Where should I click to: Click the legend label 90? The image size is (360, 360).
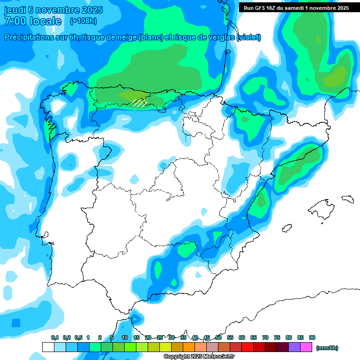pyautogui.click(x=312, y=337)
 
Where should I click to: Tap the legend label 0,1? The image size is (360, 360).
pyautogui.click(x=55, y=337)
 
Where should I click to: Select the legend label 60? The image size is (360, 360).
pyautogui.click(x=242, y=337)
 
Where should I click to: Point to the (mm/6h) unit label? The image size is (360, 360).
pyautogui.click(x=327, y=348)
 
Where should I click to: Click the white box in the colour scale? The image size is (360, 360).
pyautogui.click(x=48, y=347)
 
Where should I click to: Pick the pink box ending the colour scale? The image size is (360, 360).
pyautogui.click(x=307, y=347)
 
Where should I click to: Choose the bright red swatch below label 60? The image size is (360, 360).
pyautogui.click(x=247, y=347)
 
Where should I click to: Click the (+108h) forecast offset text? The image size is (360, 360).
pyautogui.click(x=83, y=21)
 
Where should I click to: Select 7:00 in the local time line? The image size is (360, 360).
pyautogui.click(x=15, y=21)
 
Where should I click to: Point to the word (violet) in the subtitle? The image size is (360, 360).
pyautogui.click(x=249, y=37)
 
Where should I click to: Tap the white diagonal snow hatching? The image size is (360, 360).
pyautogui.click(x=139, y=102)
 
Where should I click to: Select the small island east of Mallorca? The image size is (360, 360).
pyautogui.click(x=347, y=199)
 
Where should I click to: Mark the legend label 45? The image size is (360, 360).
pyautogui.click(x=207, y=337)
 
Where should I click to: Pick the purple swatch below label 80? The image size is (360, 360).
pyautogui.click(x=295, y=347)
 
